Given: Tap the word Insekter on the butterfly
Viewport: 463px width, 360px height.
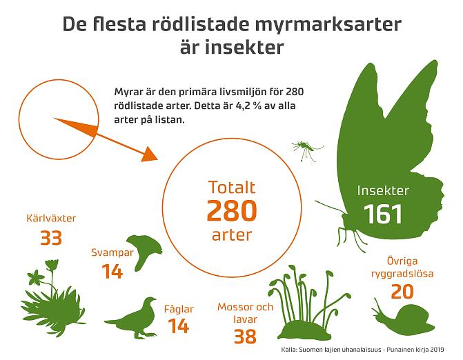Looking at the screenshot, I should [383, 190].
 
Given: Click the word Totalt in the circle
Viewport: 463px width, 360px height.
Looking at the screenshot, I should [232, 187].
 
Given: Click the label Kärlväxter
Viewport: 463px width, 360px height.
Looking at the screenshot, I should [50, 219].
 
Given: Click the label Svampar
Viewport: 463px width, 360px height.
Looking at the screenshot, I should [112, 252].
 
